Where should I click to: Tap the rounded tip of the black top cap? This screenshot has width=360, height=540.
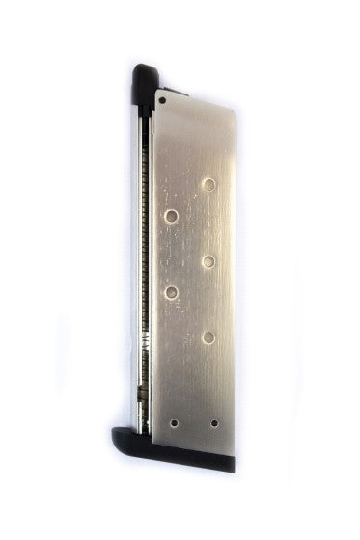[145, 68]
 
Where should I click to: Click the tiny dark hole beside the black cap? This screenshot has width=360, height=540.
[164, 97]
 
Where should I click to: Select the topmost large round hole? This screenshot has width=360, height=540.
[209, 183]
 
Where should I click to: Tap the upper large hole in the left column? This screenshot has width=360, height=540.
[172, 217]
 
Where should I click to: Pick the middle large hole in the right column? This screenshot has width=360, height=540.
[208, 261]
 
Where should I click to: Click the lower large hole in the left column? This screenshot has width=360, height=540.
[172, 291]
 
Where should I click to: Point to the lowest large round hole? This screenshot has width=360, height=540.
[208, 337]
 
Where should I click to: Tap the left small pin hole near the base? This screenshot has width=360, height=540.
[174, 422]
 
